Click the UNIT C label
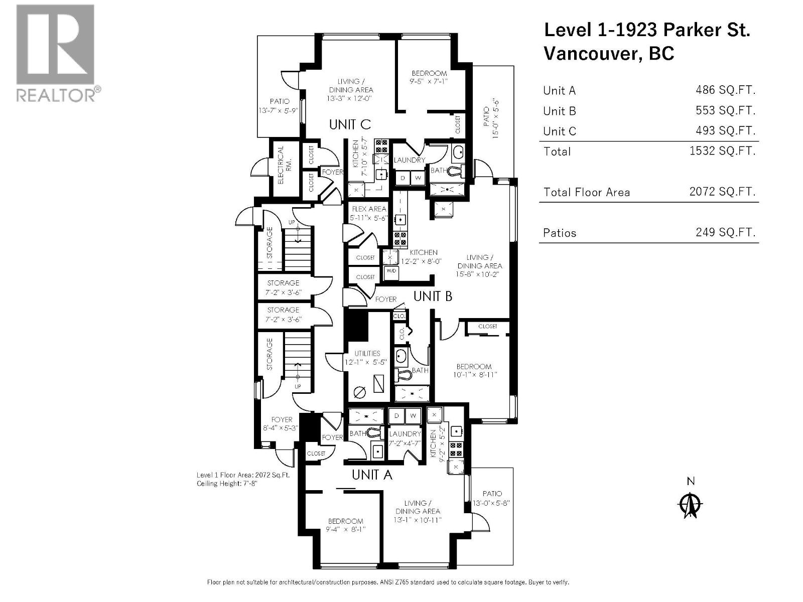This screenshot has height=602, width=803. point(350,124)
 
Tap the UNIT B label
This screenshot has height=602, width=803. point(433,296)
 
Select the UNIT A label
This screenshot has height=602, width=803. point(371,475)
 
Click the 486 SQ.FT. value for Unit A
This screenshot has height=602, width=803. point(725,90)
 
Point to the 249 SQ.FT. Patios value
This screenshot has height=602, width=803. point(725,232)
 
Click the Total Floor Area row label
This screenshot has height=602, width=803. point(586,192)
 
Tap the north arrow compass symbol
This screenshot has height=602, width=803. point(691,505)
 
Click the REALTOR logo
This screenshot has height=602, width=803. point(55,53)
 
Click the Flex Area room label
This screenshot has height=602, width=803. point(369,209)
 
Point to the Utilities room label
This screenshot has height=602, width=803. point(367,353)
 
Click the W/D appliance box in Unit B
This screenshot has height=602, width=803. point(391,271)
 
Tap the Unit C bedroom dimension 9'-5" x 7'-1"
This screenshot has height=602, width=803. point(429,81)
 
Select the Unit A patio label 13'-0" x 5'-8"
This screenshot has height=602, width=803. point(491,503)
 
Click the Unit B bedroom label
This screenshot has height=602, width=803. point(474,366)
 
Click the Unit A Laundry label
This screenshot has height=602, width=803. point(405,433)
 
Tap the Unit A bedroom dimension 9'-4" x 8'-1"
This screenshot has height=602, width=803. point(345,529)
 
